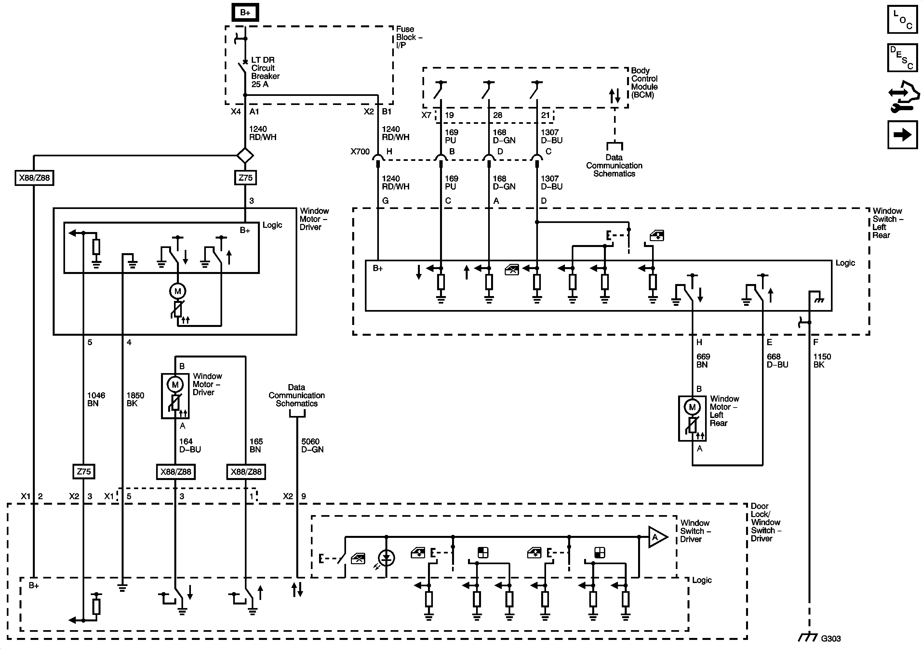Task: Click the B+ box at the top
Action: coord(245,12)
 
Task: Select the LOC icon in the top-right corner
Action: coord(902,19)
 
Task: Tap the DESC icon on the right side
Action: coord(902,58)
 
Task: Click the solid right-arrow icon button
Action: coord(902,135)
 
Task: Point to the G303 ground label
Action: coord(830,638)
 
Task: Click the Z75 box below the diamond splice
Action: coord(245,177)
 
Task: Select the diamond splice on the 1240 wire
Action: coord(245,155)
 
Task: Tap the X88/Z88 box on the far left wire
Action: coord(34,177)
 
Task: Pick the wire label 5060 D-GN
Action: coord(312,446)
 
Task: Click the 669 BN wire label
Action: coord(703,360)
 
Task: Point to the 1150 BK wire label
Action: coord(822,360)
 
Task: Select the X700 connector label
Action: coord(360,152)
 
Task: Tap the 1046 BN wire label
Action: coord(96,399)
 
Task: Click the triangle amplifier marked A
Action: coord(657,537)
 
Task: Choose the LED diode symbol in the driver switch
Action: coord(386,557)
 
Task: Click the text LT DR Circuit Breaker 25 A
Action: coord(265,72)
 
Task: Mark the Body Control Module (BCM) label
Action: coord(644,83)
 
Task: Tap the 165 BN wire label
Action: coord(256,446)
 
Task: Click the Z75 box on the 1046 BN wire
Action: coord(84,472)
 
